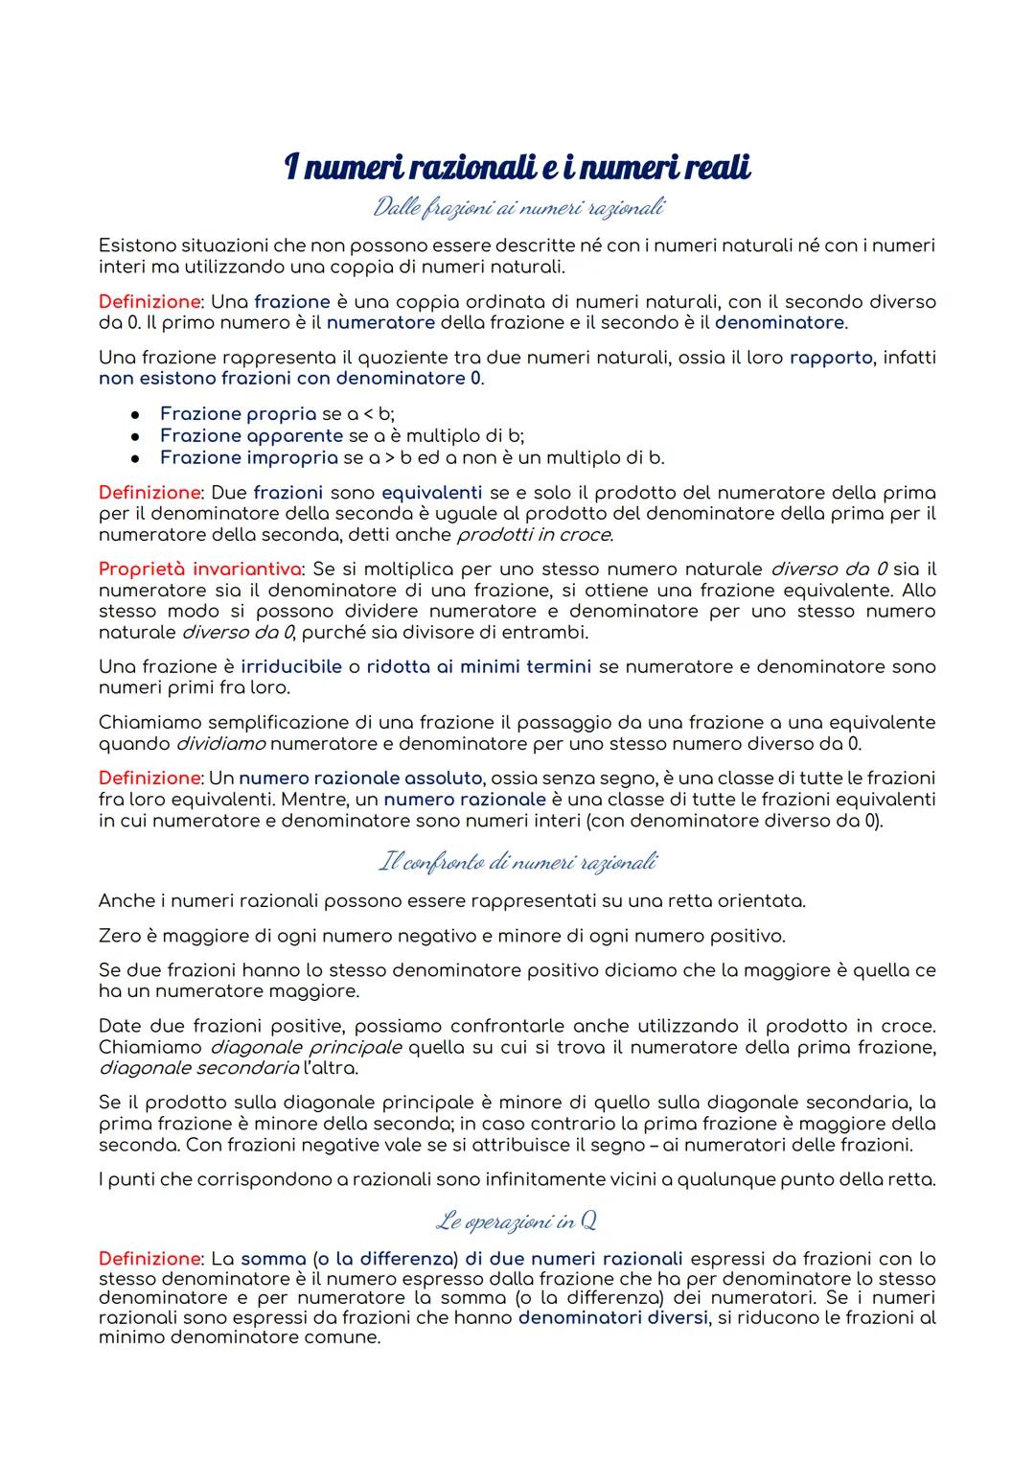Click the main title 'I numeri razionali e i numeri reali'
[517, 168]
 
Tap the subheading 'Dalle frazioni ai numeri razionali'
[517, 207]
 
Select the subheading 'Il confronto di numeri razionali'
[517, 863]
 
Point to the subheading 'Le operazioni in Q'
[517, 1220]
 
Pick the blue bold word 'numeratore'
[380, 322]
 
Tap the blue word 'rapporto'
[831, 358]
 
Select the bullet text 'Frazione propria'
[238, 413]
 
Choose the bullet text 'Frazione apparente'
[251, 435]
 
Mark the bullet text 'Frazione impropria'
[249, 457]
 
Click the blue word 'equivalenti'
[431, 492]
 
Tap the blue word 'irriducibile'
[291, 666]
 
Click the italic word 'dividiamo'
[221, 743]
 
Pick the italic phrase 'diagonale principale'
[306, 1047]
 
